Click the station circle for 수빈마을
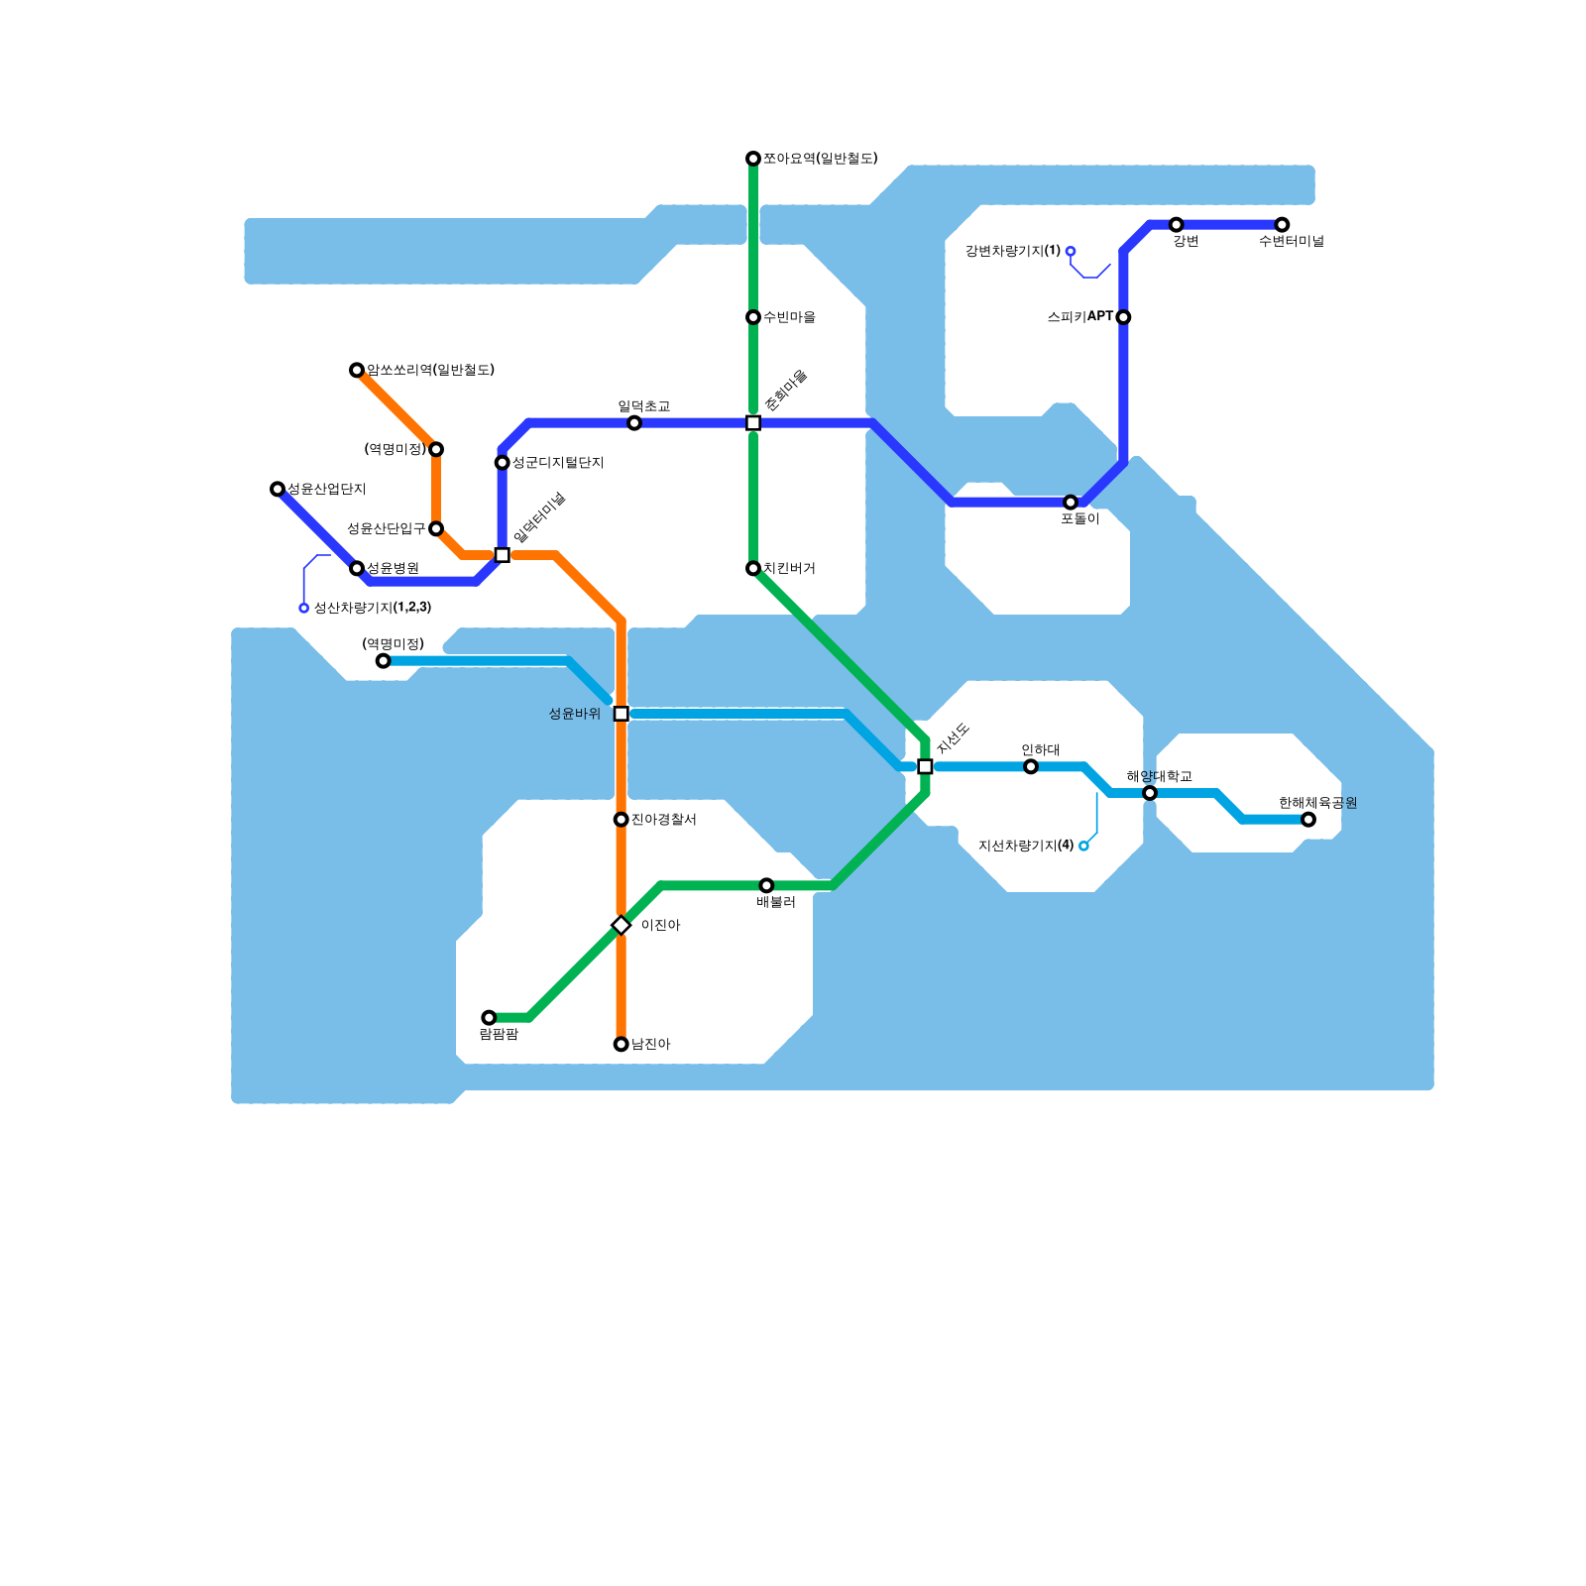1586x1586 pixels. (753, 317)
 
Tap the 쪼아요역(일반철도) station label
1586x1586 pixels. (820, 159)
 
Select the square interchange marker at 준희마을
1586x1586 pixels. (753, 423)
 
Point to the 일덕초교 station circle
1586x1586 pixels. (634, 423)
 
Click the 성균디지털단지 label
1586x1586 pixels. (557, 463)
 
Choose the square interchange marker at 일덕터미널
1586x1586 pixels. (503, 555)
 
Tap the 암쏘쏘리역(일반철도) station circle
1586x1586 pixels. (357, 371)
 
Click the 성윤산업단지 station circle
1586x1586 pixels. (278, 489)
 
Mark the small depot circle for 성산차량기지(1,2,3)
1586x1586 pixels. (304, 608)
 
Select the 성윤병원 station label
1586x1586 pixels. (393, 568)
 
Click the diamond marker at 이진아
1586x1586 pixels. (622, 925)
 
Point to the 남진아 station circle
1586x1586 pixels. (622, 1044)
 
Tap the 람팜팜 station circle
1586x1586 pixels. (489, 1018)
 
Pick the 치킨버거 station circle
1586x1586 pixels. (753, 568)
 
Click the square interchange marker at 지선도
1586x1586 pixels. (925, 766)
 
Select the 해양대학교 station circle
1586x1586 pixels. (1150, 793)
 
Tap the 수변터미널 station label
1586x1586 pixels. (1291, 241)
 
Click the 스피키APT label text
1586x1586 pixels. (1079, 317)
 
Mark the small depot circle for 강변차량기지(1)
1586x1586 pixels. (1071, 252)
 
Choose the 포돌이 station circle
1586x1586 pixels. (1071, 503)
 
